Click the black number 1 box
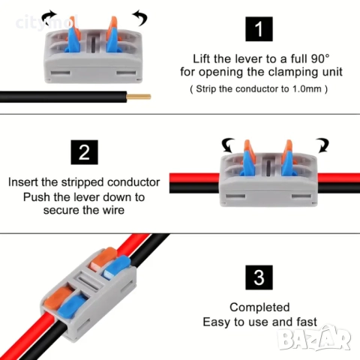point(259,29)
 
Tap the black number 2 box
point(84,152)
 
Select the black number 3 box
point(259,277)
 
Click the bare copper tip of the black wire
point(139,97)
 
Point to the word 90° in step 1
point(320,59)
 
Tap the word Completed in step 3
point(259,307)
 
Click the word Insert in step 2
point(23,182)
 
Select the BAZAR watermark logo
point(315,337)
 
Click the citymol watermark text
point(47,23)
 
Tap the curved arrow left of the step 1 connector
point(49,17)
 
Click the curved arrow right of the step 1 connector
point(140,17)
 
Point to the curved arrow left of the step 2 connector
point(228,145)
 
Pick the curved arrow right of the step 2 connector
point(322,145)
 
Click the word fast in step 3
point(307,322)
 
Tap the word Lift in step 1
point(202,59)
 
